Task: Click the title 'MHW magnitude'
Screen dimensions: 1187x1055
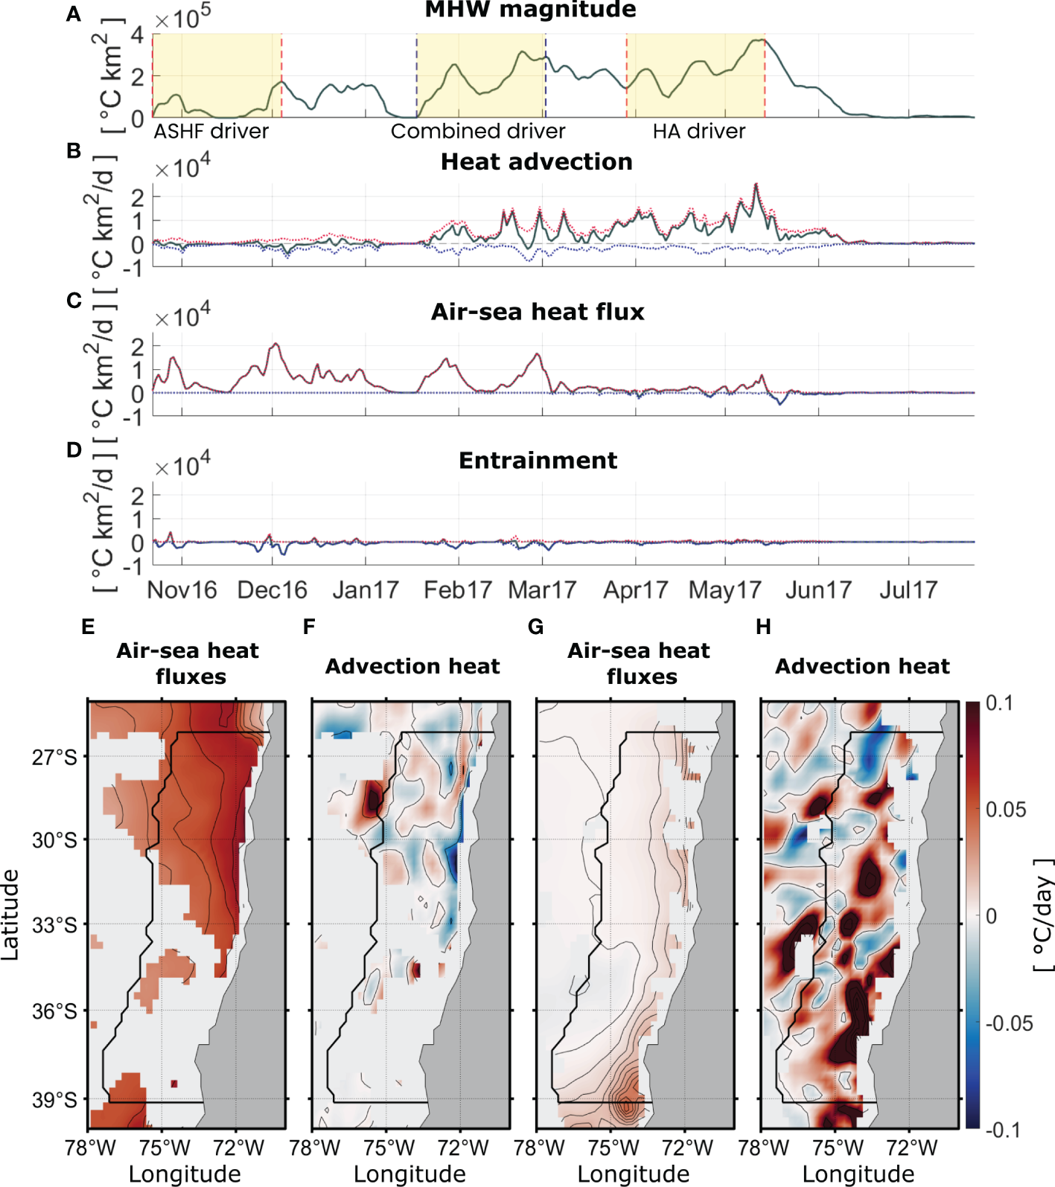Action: [530, 10]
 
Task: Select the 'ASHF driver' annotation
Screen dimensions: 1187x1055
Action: [211, 132]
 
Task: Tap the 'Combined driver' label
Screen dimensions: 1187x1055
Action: [478, 132]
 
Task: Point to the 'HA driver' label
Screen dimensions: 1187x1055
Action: [698, 132]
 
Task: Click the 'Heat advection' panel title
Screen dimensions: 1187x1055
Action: [536, 161]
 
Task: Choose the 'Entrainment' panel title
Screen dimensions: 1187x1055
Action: [538, 461]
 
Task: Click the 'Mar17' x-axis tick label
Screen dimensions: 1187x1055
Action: [542, 590]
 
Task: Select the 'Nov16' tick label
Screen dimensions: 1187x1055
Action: [182, 590]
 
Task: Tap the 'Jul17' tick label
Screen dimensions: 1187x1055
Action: [908, 590]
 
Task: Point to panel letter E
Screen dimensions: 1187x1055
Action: [88, 627]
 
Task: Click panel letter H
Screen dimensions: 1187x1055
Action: [763, 627]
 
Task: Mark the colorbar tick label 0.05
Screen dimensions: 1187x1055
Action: [1005, 810]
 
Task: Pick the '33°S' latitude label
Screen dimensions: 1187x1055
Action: [54, 925]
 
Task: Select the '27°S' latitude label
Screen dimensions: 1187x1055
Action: [54, 758]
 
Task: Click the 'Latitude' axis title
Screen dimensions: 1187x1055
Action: [10, 915]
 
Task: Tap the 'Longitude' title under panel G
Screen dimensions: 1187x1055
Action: [634, 1174]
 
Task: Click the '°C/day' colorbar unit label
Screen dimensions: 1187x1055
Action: [1044, 915]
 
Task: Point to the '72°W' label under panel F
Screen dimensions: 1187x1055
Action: [462, 1148]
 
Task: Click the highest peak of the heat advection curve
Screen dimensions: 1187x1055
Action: [756, 184]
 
